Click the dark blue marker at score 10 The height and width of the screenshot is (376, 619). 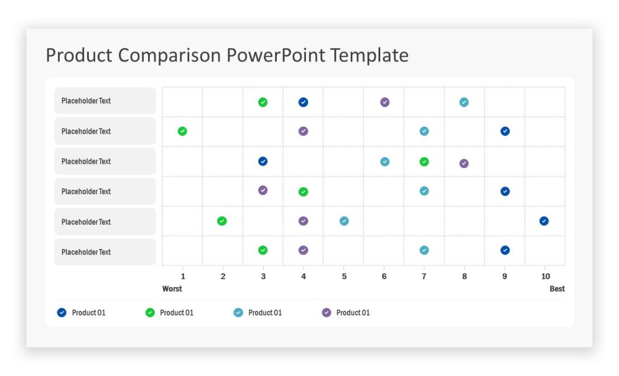coord(544,221)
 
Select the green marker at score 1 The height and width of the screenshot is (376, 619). coord(183,131)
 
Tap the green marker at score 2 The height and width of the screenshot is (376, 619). coord(222,221)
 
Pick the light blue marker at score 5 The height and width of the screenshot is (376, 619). coord(344,221)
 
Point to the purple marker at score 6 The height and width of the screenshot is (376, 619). coord(384,102)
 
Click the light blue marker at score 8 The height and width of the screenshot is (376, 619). coord(464,102)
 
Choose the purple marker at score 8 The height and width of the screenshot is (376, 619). coord(464,163)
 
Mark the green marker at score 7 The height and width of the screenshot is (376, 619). coord(424,161)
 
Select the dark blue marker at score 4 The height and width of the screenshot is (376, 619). coord(303,102)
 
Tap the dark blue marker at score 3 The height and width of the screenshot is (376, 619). coord(263,161)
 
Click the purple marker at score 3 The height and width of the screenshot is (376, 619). coord(263,190)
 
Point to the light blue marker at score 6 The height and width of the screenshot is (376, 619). coord(384,161)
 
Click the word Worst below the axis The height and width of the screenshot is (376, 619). coord(172,289)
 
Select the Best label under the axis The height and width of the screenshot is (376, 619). coord(557,289)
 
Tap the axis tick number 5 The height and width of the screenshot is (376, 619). coord(344,276)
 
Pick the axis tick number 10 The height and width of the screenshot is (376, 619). coord(545,276)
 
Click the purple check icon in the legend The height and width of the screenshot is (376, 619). coord(326,313)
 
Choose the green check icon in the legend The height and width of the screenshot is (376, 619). coord(150,313)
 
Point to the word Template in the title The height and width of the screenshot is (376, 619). coord(369,56)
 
